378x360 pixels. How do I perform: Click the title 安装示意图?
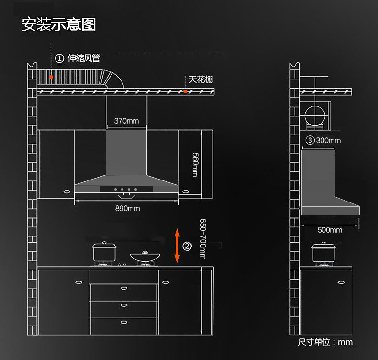pyautogui.click(x=59, y=24)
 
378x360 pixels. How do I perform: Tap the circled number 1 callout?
pyautogui.click(x=59, y=58)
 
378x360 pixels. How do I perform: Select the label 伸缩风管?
pyautogui.click(x=84, y=58)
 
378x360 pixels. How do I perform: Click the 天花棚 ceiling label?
pyautogui.click(x=200, y=79)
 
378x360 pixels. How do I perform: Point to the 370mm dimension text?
pyautogui.click(x=126, y=121)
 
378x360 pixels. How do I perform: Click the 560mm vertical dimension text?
pyautogui.click(x=195, y=164)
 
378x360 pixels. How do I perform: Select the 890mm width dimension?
pyautogui.click(x=127, y=208)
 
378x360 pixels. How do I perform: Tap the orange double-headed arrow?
pyautogui.click(x=177, y=246)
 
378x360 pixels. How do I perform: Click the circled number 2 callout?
pyautogui.click(x=187, y=246)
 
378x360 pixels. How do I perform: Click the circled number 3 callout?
pyautogui.click(x=311, y=140)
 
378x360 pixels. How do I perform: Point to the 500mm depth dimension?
pyautogui.click(x=330, y=230)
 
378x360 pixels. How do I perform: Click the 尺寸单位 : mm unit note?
pyautogui.click(x=325, y=342)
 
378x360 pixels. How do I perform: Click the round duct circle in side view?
pyautogui.click(x=314, y=116)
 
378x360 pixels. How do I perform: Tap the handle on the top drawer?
pyautogui.click(x=124, y=288)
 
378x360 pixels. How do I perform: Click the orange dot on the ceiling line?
pyautogui.click(x=185, y=90)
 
